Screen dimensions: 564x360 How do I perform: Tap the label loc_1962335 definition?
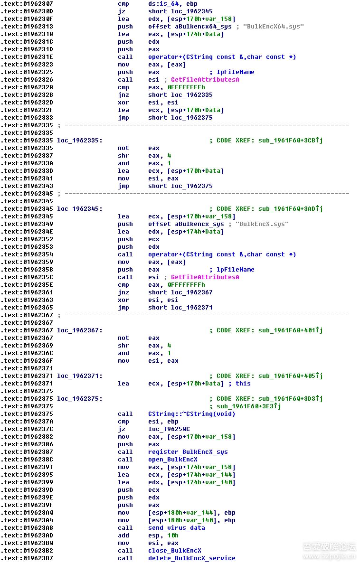point(79,141)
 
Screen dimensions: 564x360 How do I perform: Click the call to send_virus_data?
point(176,528)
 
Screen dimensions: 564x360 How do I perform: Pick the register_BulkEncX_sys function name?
point(188,452)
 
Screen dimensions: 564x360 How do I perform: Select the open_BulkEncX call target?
point(172,460)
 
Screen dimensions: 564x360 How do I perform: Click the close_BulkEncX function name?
point(174,551)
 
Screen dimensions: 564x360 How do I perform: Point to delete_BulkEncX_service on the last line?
point(191,558)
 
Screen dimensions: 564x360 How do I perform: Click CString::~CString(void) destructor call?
point(191,414)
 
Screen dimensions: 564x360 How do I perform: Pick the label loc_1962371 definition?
point(79,376)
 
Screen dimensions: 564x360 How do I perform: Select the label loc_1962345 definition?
point(79,209)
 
